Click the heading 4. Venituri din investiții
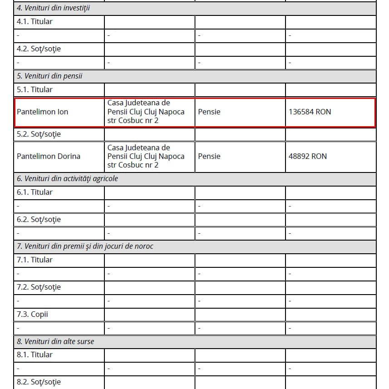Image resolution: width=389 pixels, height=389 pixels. point(53,8)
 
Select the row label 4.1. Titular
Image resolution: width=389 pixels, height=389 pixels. point(34,22)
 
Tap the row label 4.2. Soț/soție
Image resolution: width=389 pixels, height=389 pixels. point(39,49)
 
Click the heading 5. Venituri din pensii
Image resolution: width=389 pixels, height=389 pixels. point(49,76)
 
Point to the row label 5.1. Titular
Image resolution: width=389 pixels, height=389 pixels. point(34,90)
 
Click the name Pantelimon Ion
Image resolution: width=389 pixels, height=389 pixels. point(42,112)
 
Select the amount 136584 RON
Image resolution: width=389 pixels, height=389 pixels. point(310,112)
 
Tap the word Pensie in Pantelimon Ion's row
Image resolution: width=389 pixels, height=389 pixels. point(209,112)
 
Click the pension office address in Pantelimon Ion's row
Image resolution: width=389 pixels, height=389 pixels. point(146,112)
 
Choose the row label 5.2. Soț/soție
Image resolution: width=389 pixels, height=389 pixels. point(39,134)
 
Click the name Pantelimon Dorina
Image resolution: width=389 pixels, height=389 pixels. point(49,156)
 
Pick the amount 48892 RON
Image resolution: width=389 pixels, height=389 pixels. point(307,156)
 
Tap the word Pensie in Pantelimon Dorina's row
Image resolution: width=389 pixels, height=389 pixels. point(209,156)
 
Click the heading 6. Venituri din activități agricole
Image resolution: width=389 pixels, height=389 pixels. point(67,179)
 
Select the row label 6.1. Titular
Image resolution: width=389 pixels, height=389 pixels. point(34,192)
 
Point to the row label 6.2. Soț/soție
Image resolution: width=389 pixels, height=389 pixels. point(39,220)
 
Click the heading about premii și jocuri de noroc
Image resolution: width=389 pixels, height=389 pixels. point(85,246)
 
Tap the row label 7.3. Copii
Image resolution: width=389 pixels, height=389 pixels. point(32,315)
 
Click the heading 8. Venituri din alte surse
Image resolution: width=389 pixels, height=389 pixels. point(55,341)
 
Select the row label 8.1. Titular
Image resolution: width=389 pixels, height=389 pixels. point(34,355)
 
